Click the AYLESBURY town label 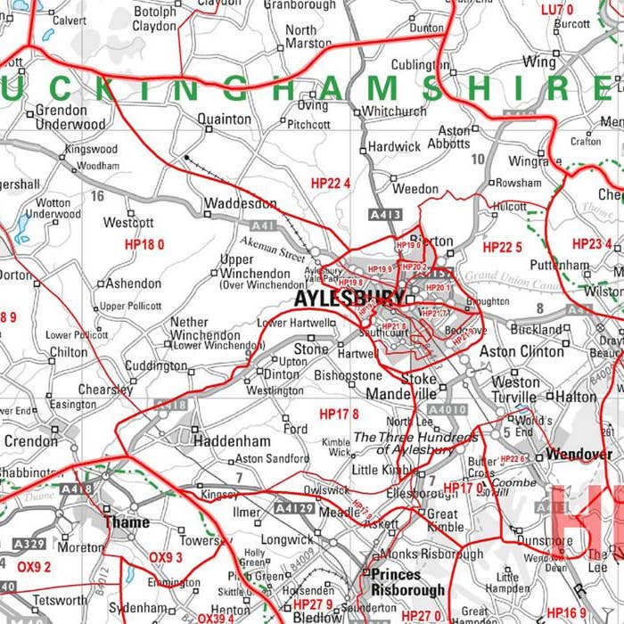point(349,298)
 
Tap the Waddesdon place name point(241,204)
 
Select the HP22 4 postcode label point(330,183)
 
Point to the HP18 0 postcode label point(144,243)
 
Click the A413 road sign point(385,215)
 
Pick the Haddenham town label point(232,440)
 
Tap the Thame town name point(127,522)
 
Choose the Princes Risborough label point(407,582)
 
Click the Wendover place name point(579,454)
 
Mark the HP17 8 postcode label point(339,414)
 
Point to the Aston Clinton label point(522,352)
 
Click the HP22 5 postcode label point(502,247)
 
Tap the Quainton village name point(224,119)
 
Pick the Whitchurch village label point(394,111)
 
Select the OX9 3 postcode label point(166,558)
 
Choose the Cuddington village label point(156,365)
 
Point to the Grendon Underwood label point(70,118)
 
